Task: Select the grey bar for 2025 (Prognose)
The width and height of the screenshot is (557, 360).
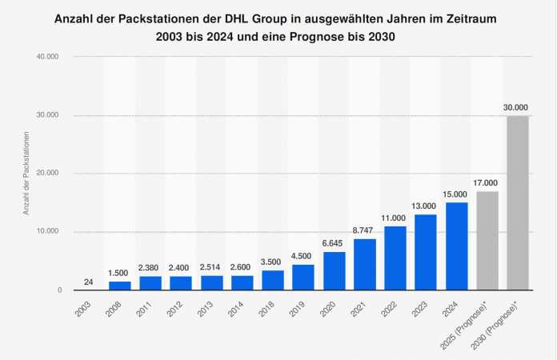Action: point(487,240)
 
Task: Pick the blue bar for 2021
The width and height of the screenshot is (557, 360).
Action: point(365,264)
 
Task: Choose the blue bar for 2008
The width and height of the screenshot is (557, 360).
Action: point(119,285)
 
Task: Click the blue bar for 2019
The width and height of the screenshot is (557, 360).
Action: point(303,277)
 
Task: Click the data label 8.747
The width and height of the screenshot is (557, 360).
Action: point(365,230)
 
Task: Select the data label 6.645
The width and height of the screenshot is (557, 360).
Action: point(335,243)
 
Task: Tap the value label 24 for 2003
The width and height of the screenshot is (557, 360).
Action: point(89,282)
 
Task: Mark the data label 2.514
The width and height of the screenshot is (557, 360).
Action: point(211,267)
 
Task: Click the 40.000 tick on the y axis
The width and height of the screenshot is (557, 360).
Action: point(48,57)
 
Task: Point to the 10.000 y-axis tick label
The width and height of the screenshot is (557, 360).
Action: point(48,232)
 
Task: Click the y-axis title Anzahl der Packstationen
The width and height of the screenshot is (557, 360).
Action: point(26,174)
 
